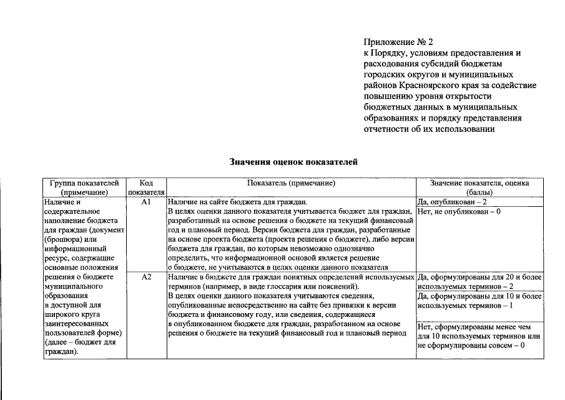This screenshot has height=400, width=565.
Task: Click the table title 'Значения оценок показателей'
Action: pyautogui.click(x=293, y=162)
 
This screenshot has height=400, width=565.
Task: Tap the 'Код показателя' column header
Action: pyautogui.click(x=146, y=188)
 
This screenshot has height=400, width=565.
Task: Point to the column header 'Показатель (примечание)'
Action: pyautogui.click(x=291, y=184)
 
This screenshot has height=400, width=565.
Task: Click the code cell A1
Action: pyautogui.click(x=146, y=203)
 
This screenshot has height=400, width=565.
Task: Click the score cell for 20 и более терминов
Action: pyautogui.click(x=479, y=281)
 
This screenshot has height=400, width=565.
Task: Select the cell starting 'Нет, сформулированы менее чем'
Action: pyautogui.click(x=479, y=336)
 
